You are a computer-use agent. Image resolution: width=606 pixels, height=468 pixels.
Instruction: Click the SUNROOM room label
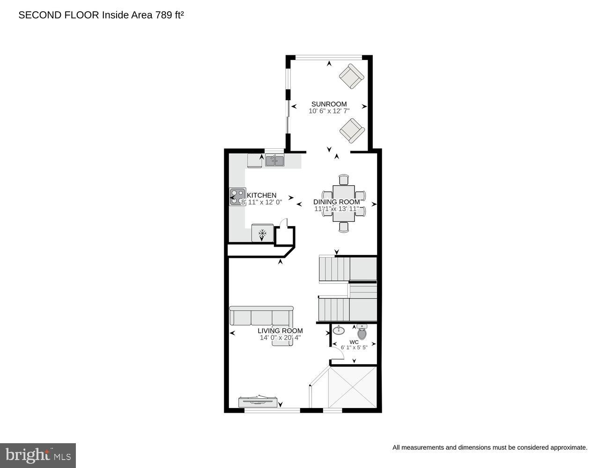point(329,104)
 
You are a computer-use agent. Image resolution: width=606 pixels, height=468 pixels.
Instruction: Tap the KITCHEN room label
point(261,195)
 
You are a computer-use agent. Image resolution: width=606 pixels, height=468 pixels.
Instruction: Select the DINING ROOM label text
point(336,202)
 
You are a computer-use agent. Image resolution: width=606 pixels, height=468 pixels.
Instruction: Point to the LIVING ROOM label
point(280,330)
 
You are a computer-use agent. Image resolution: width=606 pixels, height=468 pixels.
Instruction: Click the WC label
point(354,342)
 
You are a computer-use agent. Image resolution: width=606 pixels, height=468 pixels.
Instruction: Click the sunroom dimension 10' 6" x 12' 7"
point(329,111)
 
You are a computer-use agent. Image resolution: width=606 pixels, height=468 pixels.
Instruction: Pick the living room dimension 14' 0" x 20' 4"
point(280,337)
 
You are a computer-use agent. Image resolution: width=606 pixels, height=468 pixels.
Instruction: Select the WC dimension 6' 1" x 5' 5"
point(354,348)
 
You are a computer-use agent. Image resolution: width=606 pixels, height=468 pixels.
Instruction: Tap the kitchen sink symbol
point(274,161)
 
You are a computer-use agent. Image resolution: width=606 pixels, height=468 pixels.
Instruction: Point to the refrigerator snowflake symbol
point(262,233)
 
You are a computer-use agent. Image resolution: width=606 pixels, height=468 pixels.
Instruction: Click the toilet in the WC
point(362,333)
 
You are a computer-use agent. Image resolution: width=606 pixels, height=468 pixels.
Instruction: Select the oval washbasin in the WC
point(339,331)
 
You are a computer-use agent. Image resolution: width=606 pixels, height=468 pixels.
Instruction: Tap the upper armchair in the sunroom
point(351,76)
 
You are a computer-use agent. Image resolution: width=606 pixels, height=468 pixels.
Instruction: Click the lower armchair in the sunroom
point(351,130)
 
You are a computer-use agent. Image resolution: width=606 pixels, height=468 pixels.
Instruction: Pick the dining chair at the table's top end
point(344,180)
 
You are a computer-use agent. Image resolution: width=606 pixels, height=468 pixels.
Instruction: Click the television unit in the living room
point(258,401)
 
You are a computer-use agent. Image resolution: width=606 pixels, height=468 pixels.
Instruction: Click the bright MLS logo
point(38,455)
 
